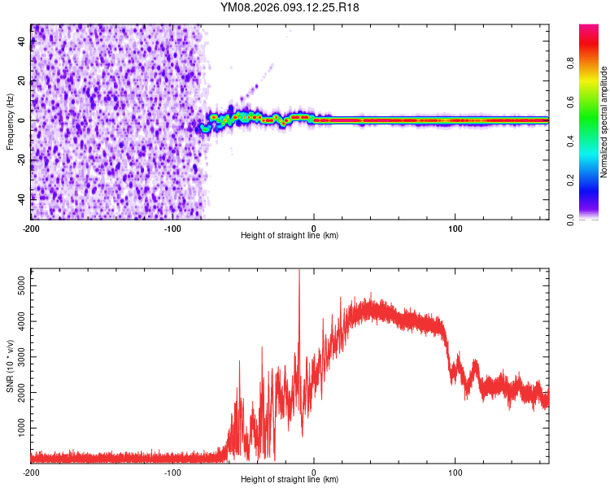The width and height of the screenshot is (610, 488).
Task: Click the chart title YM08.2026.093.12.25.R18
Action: [x=290, y=8]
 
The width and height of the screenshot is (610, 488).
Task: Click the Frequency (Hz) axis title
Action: [x=10, y=122]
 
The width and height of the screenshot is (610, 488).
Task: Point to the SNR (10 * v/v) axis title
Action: [x=10, y=366]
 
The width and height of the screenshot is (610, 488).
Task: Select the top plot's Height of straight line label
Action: [x=290, y=235]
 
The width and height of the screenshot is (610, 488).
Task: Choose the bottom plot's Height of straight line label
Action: [x=290, y=479]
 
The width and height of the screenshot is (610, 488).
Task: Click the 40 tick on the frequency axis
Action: [x=22, y=41]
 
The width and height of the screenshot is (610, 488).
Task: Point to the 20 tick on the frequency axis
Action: [x=22, y=81]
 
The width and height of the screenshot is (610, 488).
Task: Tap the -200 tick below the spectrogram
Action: [x=31, y=228]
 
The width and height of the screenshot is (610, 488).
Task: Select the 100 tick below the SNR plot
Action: [x=455, y=472]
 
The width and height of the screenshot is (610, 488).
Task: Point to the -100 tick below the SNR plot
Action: [x=172, y=472]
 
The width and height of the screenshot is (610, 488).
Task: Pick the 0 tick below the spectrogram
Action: [x=314, y=228]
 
